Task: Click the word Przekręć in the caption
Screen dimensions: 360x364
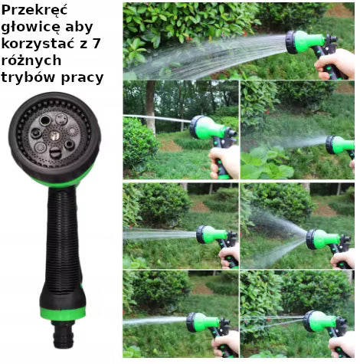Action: (x=34, y=11)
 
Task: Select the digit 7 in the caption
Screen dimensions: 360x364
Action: (x=96, y=44)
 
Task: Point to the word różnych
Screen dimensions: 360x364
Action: (x=31, y=61)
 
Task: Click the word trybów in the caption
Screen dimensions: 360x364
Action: (x=29, y=77)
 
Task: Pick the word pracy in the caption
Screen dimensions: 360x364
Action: (x=82, y=78)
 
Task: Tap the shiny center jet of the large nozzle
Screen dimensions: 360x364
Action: (x=54, y=136)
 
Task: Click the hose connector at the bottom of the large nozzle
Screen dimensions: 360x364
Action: (x=64, y=333)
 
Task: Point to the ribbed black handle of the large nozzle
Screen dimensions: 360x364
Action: (x=63, y=240)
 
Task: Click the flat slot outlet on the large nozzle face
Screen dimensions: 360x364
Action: (x=55, y=153)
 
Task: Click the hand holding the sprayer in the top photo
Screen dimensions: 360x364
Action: (x=335, y=64)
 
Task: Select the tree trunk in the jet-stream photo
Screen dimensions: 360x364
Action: (x=151, y=107)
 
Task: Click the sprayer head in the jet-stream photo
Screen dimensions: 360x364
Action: (x=208, y=128)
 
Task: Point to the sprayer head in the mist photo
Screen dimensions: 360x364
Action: (x=340, y=145)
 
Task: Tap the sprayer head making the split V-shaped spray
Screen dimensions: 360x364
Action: (x=324, y=239)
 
